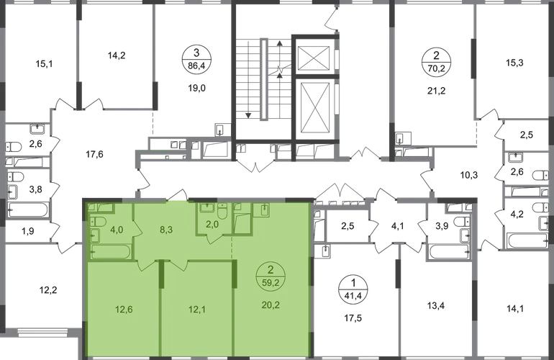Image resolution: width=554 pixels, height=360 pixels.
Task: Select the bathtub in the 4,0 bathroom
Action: click(x=112, y=253)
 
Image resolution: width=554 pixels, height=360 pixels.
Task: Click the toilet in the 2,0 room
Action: click(x=222, y=211)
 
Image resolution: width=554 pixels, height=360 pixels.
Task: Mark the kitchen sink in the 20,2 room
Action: click(x=263, y=210)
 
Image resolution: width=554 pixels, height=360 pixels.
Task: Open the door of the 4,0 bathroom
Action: click(x=143, y=264)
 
